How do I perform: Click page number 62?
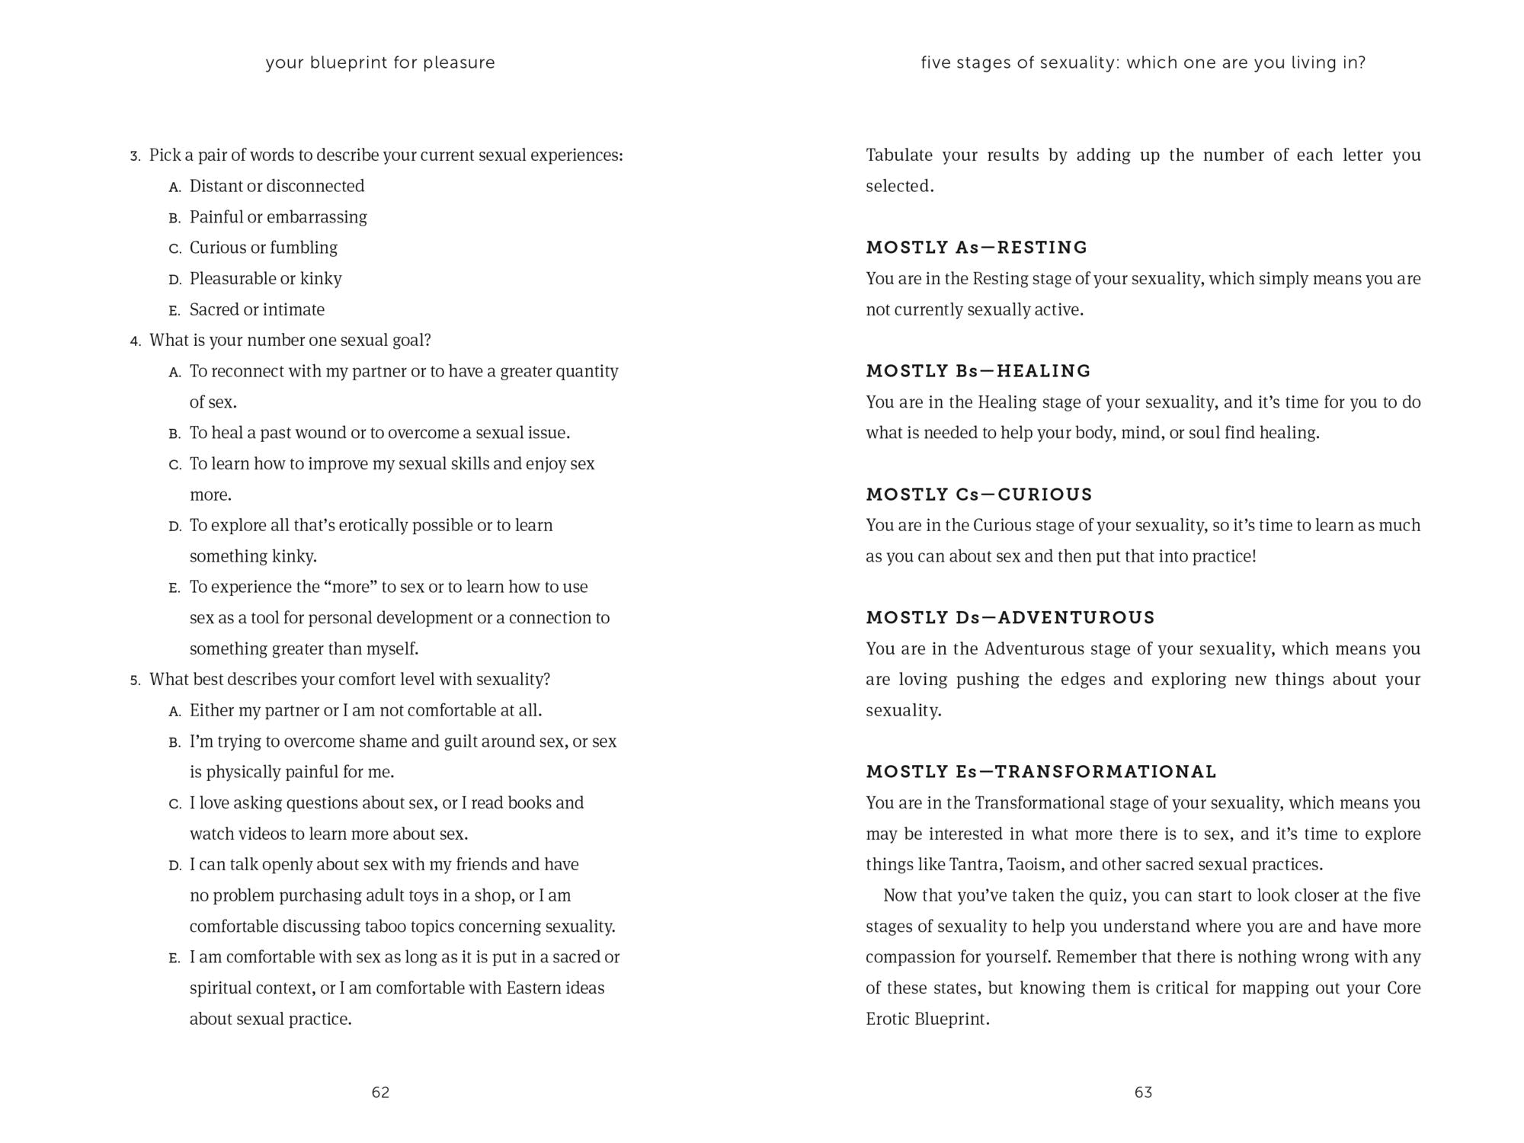pos(380,1092)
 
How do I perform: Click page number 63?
pos(1143,1092)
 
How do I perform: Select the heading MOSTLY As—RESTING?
pos(977,248)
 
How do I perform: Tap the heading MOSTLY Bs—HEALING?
pos(978,371)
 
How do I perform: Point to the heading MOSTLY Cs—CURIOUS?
pos(979,495)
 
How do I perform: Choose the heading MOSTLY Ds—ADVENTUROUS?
pos(1010,617)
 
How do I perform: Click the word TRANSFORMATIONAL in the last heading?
pos(1106,772)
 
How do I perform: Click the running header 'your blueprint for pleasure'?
pos(380,62)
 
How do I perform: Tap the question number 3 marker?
pos(135,156)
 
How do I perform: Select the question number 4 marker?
pos(135,341)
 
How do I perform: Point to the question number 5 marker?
pos(135,680)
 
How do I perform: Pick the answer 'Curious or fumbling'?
pos(263,248)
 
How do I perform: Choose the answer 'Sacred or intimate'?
pos(257,309)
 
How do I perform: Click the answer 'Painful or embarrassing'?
pos(278,217)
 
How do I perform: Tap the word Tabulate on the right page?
pos(899,155)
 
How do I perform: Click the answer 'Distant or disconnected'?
pos(277,186)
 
